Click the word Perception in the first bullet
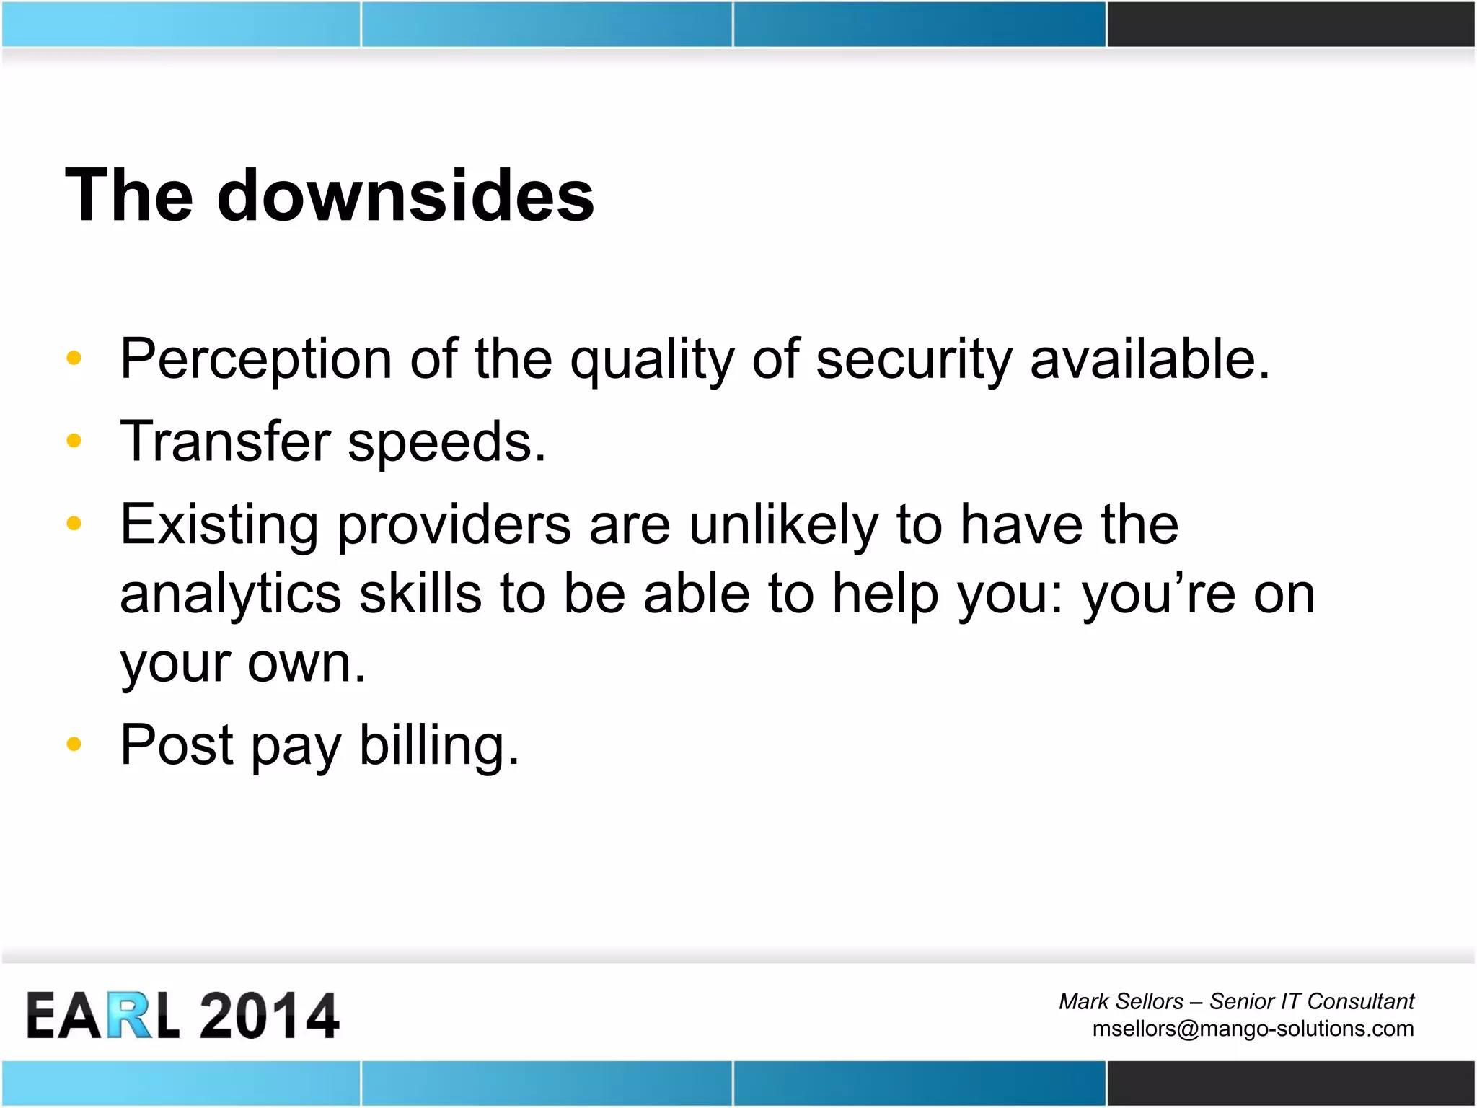click(256, 359)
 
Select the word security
click(914, 359)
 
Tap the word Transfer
click(225, 441)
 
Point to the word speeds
click(446, 443)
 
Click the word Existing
click(219, 525)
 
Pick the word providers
click(454, 525)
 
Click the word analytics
click(230, 594)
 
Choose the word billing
click(438, 745)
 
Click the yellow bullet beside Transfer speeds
click(74, 440)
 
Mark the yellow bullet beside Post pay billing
click(74, 743)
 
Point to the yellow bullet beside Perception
click(74, 357)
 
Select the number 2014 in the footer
click(269, 1016)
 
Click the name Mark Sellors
click(1121, 1001)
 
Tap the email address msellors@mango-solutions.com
click(1253, 1029)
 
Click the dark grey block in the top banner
click(1290, 25)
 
